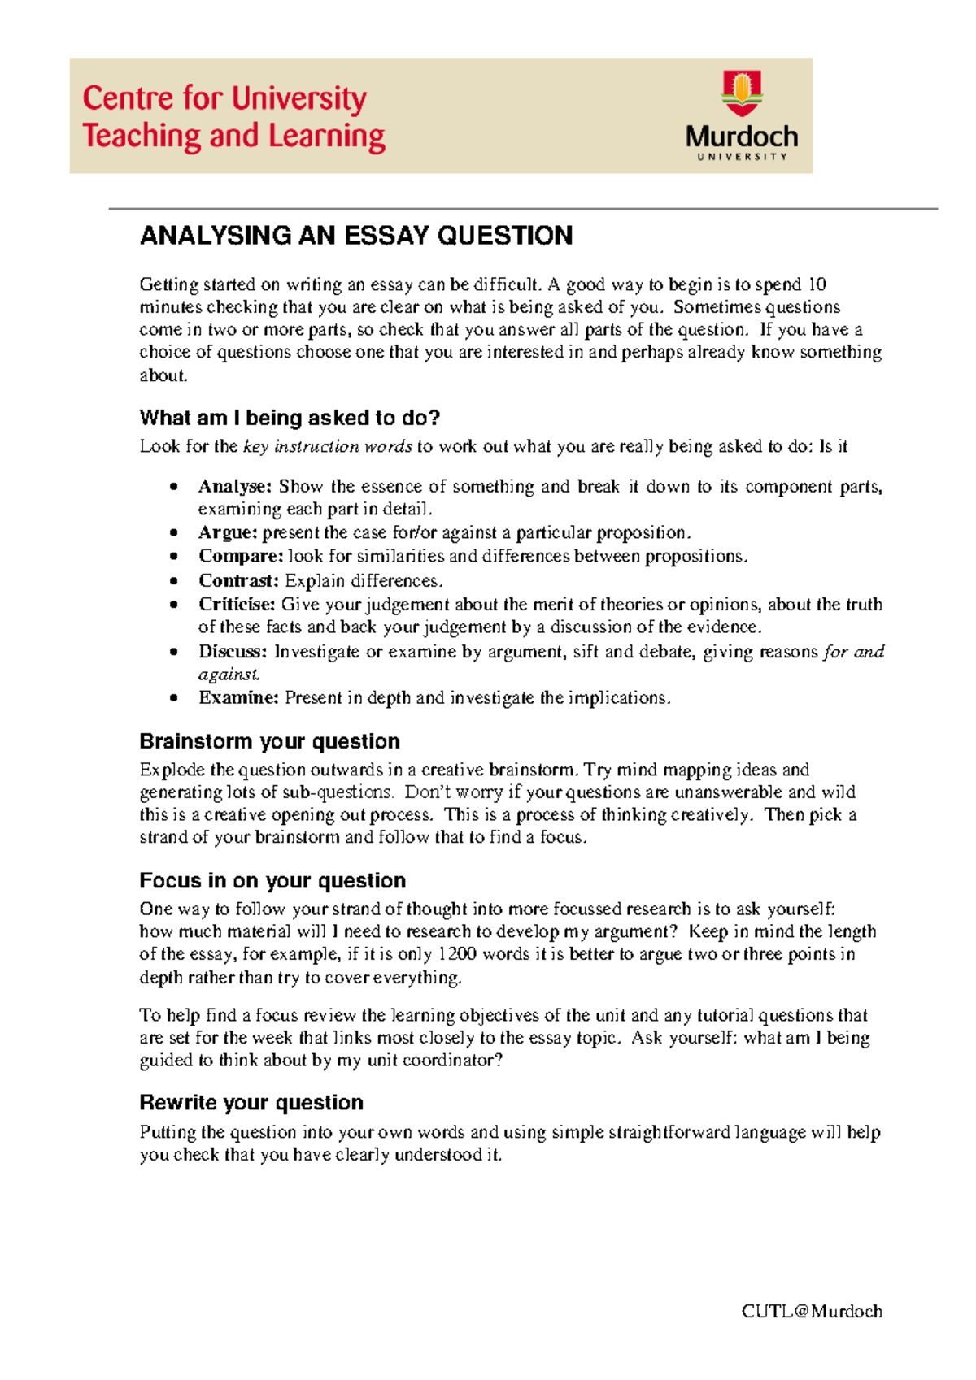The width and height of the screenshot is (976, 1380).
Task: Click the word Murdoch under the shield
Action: (x=741, y=136)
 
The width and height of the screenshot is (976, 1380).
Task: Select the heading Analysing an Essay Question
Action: (x=356, y=236)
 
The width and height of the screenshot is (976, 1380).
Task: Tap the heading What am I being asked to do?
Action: (x=290, y=418)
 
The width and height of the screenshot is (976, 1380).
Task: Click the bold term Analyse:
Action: (x=235, y=486)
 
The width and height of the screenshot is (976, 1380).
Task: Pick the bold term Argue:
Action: (x=228, y=532)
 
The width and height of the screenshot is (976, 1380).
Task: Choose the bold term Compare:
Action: (x=241, y=556)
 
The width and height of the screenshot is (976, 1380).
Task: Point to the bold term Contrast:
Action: (x=238, y=580)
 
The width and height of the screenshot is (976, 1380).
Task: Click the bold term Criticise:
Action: (x=237, y=604)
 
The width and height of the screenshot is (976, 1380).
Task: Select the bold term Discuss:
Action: (x=233, y=651)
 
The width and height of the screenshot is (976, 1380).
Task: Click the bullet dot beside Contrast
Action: (x=173, y=581)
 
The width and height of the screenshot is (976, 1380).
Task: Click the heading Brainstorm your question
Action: (x=269, y=741)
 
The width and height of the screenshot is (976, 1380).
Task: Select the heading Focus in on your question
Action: (x=272, y=881)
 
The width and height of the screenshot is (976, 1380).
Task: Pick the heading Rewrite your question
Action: (x=251, y=1103)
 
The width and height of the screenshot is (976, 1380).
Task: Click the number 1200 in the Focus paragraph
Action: (x=457, y=954)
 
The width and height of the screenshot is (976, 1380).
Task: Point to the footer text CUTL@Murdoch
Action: (x=812, y=1311)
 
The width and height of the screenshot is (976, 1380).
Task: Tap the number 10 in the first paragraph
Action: (x=817, y=284)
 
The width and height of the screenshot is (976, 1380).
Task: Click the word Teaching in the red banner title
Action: (x=141, y=136)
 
